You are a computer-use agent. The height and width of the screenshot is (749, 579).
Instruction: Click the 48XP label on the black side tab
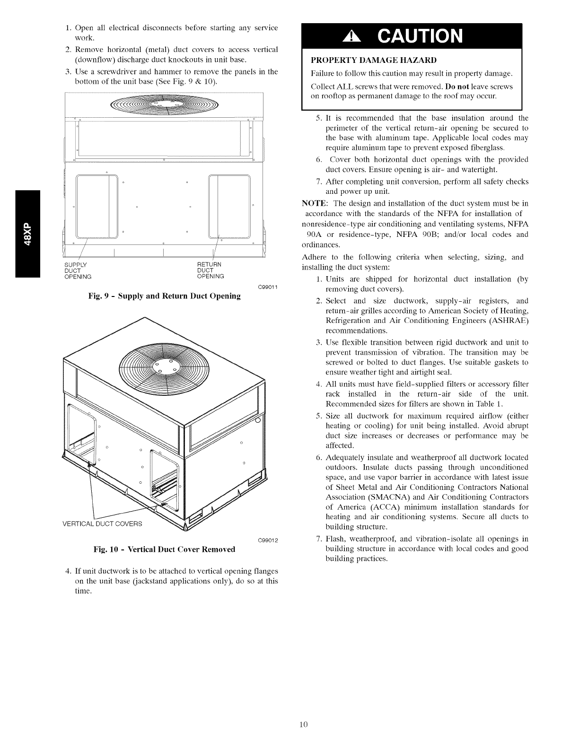(x=28, y=234)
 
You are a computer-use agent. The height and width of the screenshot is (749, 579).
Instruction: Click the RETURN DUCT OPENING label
(x=210, y=270)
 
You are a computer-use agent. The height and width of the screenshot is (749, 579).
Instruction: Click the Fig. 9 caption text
(x=165, y=296)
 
